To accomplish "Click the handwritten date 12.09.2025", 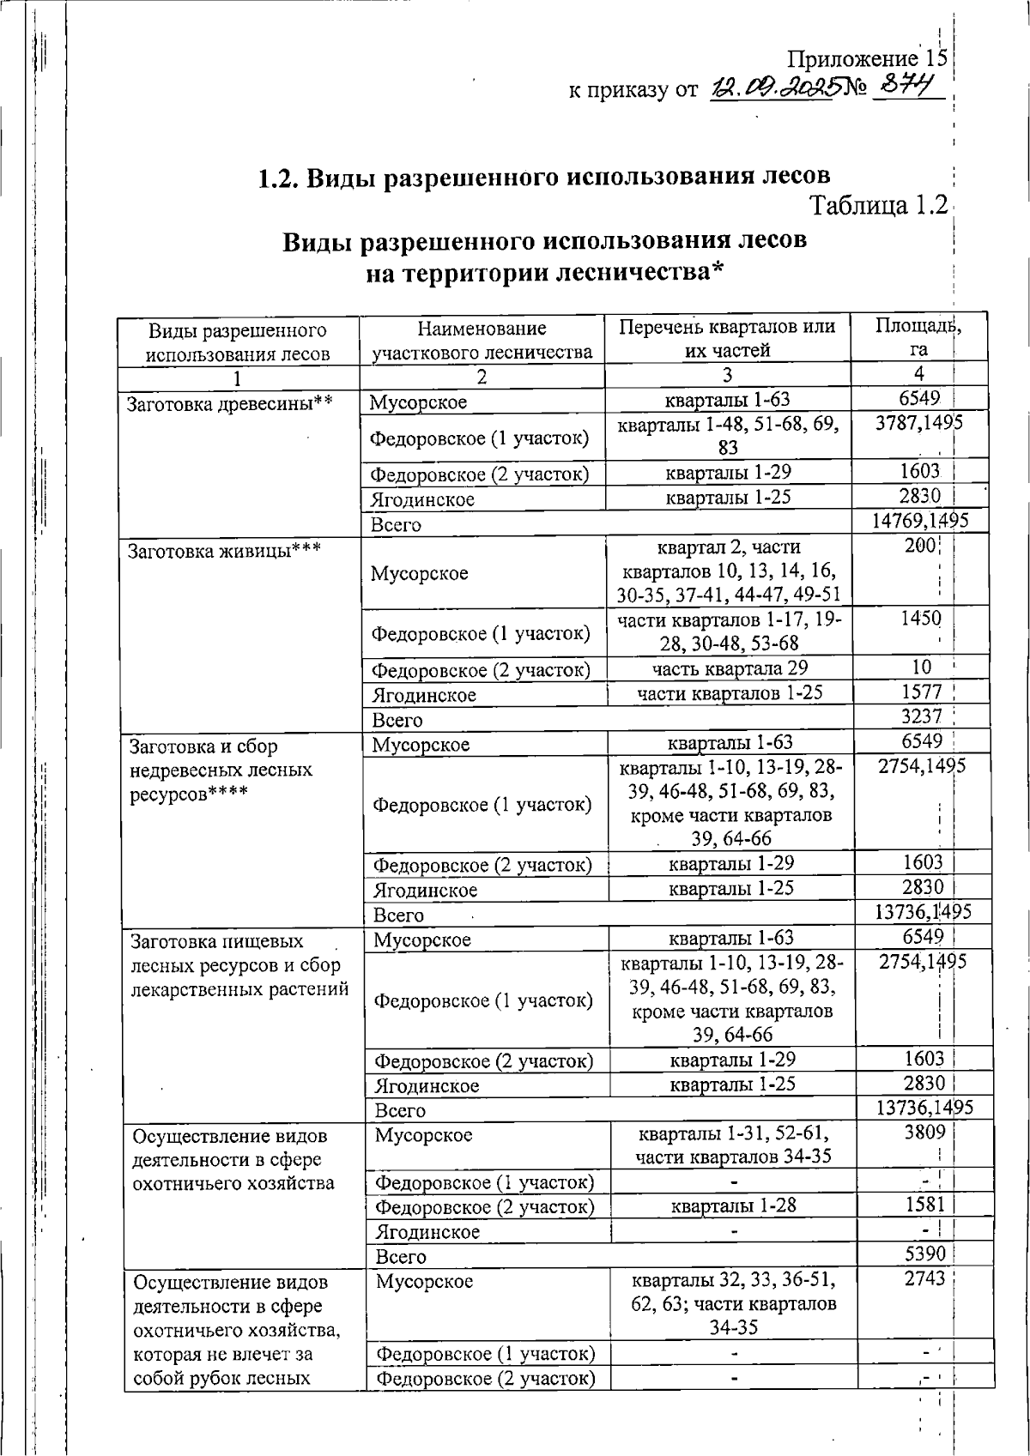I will (772, 88).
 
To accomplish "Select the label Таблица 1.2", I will (879, 206).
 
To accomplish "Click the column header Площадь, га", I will (918, 337).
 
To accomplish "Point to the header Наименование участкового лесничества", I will (482, 340).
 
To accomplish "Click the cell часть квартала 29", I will (729, 668).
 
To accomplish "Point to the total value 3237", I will (921, 716).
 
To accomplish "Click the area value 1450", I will (921, 619).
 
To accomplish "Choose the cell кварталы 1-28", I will (734, 1205).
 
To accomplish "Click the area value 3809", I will (924, 1132).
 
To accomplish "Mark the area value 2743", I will (924, 1278).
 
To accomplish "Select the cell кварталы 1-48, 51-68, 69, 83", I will (728, 435).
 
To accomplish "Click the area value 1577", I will (921, 692).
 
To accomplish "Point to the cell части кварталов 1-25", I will (730, 692).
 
